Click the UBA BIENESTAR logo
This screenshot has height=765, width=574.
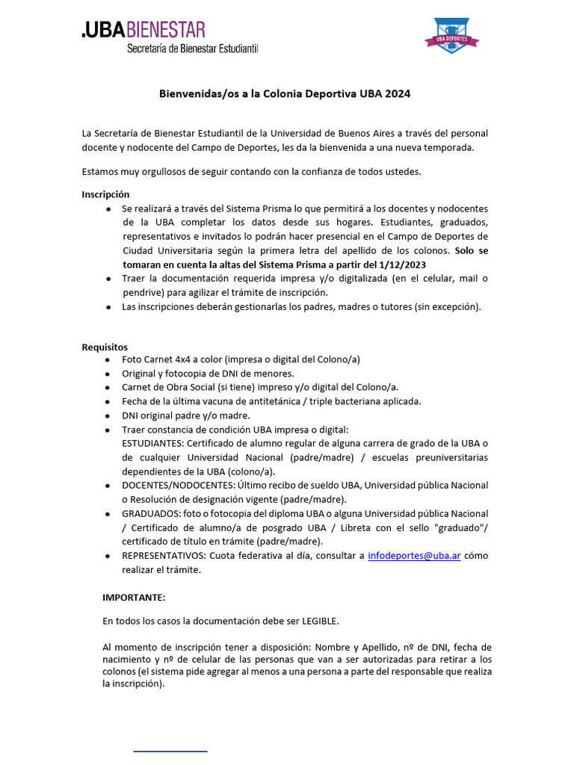coord(143,30)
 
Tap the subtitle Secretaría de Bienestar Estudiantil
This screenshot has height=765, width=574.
coord(192,49)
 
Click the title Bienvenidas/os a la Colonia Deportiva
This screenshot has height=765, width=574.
coord(284,94)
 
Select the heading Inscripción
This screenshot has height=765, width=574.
coord(105,194)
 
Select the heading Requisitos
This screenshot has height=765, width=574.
coord(105,347)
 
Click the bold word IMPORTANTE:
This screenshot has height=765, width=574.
coord(134,598)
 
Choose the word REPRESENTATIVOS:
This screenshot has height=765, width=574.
coord(164,556)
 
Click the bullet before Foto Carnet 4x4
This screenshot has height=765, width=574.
coord(109,359)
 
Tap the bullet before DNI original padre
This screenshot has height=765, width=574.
coord(109,415)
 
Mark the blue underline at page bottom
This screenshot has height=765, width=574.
coord(170,750)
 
